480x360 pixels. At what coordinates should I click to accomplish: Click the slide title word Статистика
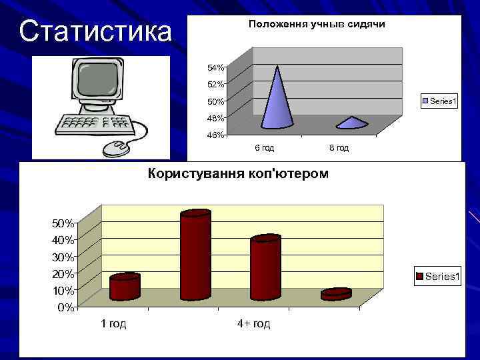95,31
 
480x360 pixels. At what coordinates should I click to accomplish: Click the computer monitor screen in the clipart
98,79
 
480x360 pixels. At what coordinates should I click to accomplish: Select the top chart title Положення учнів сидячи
317,24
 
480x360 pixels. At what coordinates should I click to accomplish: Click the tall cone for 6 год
277,100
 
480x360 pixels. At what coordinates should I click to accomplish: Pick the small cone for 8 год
352,123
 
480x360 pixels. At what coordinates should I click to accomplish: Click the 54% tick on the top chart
215,68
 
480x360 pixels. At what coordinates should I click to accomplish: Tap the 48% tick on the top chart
215,118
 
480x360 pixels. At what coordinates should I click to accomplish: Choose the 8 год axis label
339,147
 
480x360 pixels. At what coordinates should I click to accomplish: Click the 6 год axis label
265,147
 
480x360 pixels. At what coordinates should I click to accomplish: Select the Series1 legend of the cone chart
439,101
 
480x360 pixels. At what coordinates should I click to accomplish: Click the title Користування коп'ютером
237,174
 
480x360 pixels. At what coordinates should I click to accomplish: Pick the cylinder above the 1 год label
125,287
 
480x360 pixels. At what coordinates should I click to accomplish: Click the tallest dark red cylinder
195,255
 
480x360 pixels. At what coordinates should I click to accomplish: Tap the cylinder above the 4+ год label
265,267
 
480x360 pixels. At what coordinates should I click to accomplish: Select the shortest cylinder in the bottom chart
335,294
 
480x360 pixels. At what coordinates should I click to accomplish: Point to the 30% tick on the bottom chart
63,257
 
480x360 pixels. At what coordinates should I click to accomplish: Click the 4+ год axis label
253,324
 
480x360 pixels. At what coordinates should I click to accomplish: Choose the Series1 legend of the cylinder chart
438,276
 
